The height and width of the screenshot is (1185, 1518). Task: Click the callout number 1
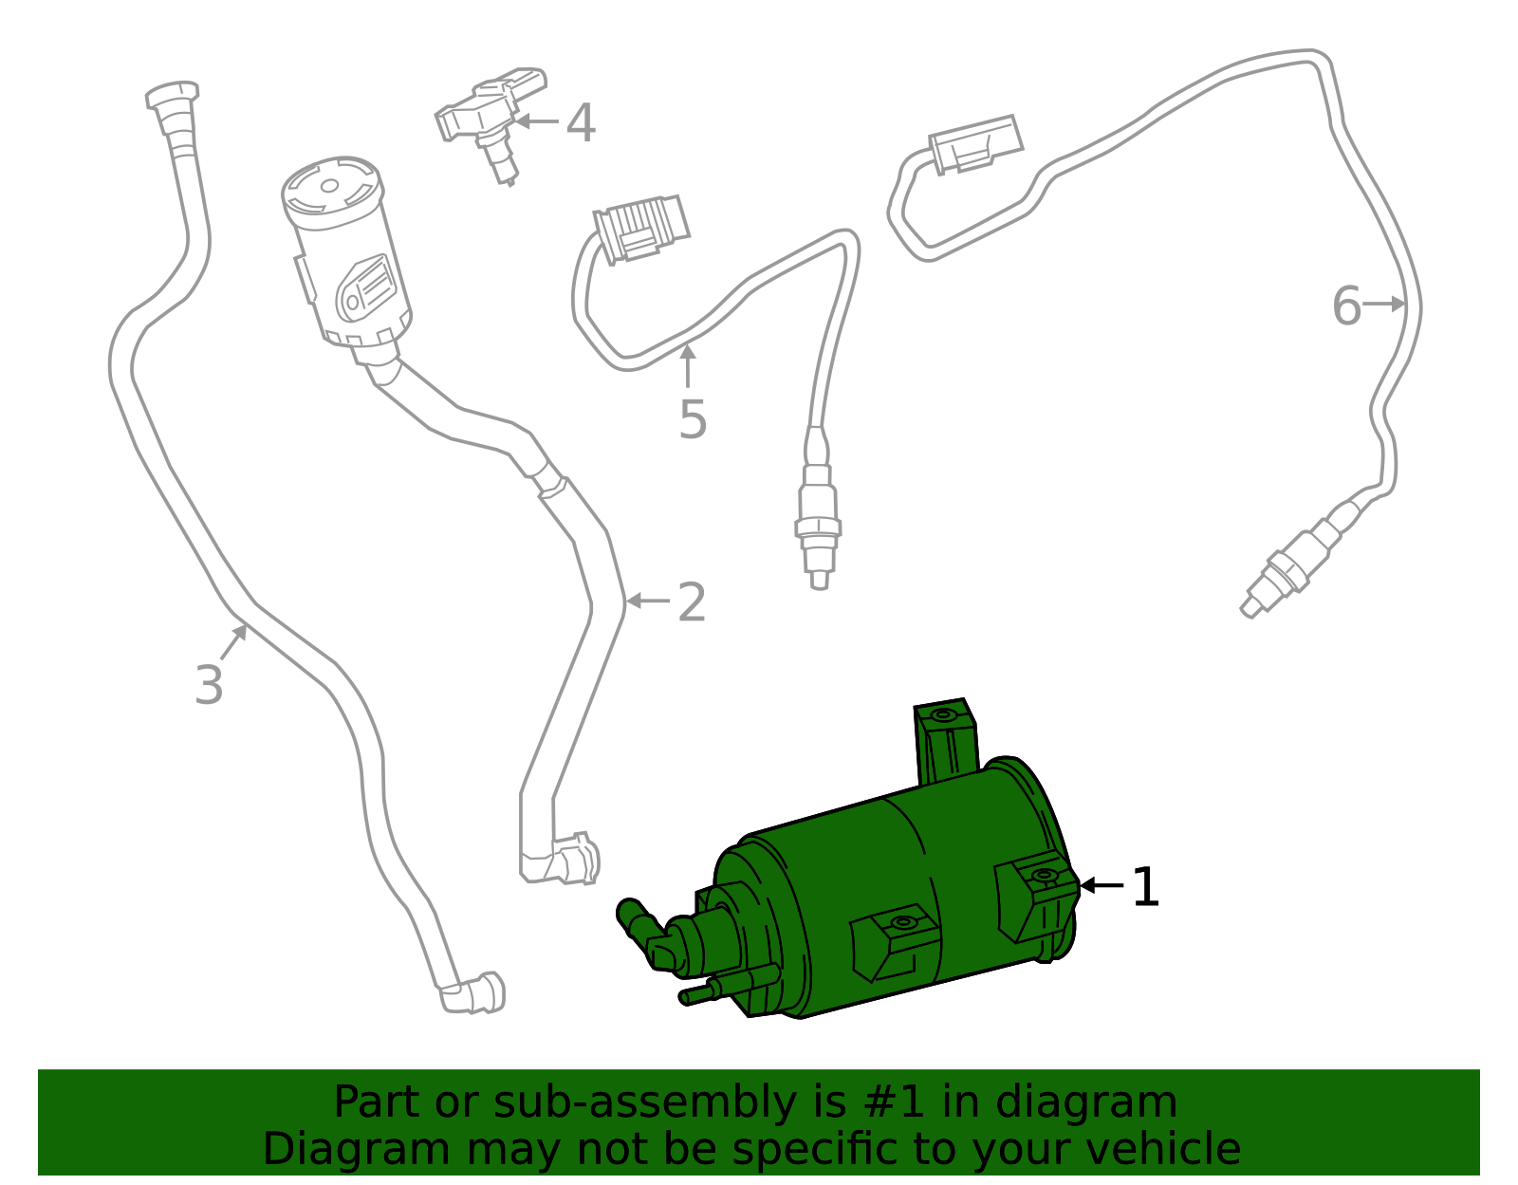tap(1146, 888)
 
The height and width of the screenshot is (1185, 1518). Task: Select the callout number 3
tap(209, 685)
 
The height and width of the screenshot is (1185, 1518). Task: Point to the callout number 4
tap(581, 123)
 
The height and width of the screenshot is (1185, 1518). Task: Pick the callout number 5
tap(693, 419)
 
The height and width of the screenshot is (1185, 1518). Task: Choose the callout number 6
tap(1346, 306)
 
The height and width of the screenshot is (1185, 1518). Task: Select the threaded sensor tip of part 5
tap(818, 541)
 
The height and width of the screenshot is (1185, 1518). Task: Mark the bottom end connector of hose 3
tap(474, 993)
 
